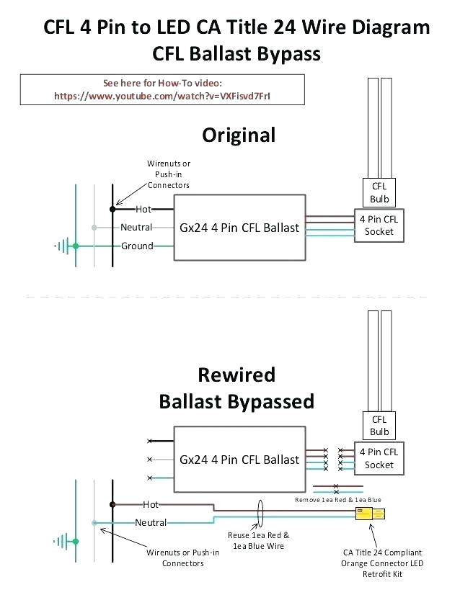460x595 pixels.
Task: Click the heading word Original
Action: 239,135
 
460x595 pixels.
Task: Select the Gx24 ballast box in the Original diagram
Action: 239,228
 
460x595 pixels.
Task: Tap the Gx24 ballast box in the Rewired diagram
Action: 239,460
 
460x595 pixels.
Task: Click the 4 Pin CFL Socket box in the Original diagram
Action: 379,225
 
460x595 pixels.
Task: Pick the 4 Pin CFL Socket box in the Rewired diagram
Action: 379,458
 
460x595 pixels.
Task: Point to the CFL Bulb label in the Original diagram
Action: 379,192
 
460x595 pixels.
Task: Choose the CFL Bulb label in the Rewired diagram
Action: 379,425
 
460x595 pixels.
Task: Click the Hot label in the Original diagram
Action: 143,210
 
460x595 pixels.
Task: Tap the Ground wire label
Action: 137,246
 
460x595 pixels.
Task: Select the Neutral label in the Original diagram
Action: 136,228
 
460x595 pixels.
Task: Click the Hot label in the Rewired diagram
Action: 151,505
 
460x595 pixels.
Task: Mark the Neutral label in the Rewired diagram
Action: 151,522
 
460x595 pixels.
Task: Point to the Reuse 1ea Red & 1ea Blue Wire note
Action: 260,540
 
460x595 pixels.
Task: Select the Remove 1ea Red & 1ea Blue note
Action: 339,498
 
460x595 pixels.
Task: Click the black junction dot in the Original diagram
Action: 112,210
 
